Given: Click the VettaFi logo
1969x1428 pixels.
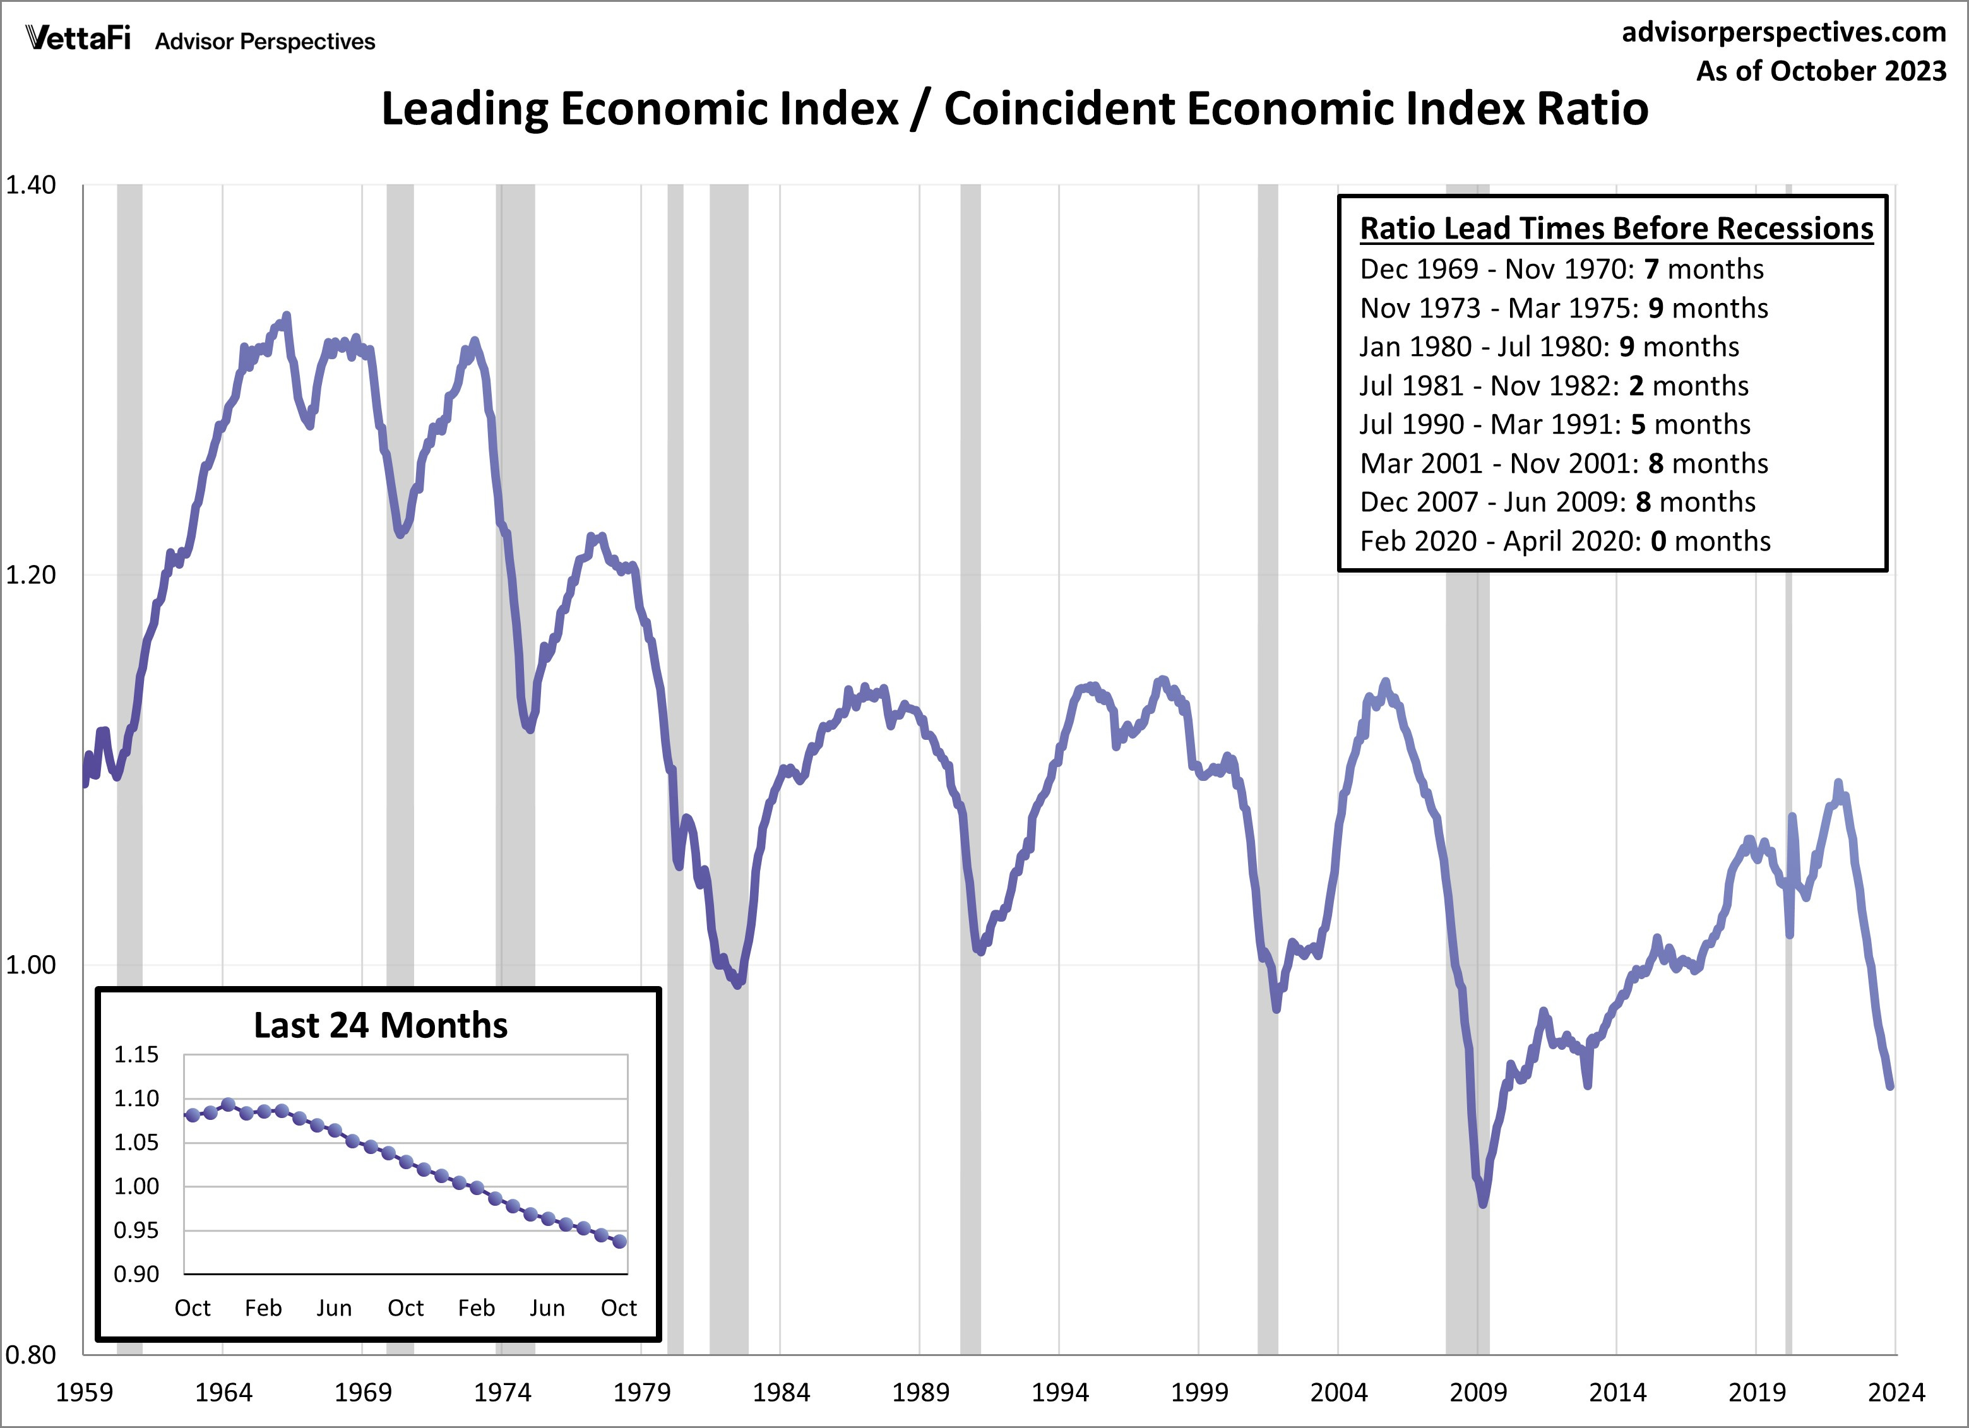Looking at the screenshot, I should [78, 39].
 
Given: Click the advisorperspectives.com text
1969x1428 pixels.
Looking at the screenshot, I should [1783, 32].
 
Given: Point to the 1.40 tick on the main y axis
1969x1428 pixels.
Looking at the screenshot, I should [30, 185].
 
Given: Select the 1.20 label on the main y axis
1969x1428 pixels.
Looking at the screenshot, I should [30, 574].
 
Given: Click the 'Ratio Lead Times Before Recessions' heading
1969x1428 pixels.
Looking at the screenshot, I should [1615, 229].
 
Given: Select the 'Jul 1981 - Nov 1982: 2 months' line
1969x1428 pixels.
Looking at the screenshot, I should [1553, 386].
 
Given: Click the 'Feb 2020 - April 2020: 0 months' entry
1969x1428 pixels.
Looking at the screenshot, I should [1564, 541].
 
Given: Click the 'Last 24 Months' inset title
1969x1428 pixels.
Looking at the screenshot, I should [380, 1025].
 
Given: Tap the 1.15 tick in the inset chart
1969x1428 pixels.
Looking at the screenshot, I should [136, 1055].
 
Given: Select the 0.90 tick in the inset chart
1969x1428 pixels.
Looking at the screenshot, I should [136, 1275].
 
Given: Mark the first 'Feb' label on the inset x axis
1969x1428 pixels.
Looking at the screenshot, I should [263, 1308].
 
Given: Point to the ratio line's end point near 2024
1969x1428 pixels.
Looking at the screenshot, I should [1890, 1086].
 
